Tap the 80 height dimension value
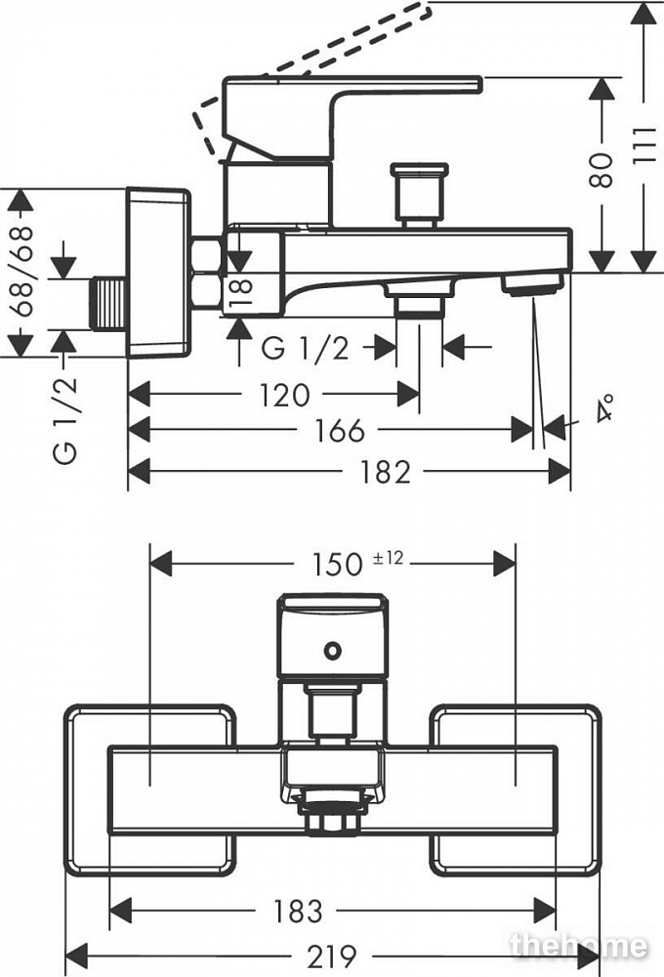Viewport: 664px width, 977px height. click(602, 170)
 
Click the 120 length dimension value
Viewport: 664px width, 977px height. click(286, 395)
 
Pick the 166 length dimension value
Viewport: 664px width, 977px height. click(340, 430)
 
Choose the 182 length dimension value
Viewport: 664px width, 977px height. click(386, 472)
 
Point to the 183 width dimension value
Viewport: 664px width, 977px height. click(298, 911)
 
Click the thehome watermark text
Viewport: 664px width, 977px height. click(578, 946)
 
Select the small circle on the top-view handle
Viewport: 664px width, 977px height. click(333, 649)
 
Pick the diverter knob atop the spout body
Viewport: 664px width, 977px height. click(419, 191)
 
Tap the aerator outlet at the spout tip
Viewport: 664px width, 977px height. click(532, 284)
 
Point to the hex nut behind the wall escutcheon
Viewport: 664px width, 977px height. click(208, 274)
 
